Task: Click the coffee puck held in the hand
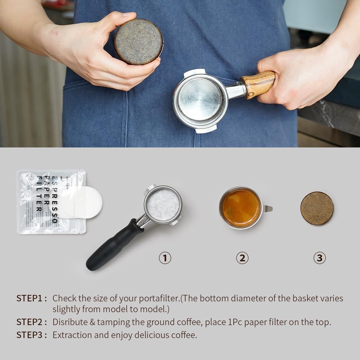point(138,41)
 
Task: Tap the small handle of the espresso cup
point(268,208)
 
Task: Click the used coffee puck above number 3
point(317,208)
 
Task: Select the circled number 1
point(165,258)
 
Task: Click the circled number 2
point(242,258)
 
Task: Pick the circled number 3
point(319,258)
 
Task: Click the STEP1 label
point(31,298)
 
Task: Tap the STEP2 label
point(31,322)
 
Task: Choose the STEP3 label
point(31,335)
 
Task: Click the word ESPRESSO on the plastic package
point(55,200)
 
